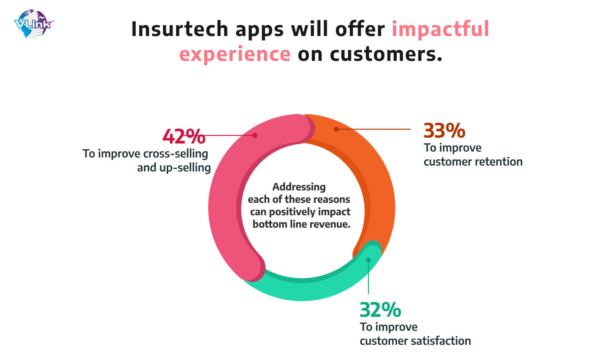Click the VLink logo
(x=34, y=24)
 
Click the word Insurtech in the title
(x=180, y=29)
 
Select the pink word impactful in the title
(x=440, y=29)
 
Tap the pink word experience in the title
(x=235, y=54)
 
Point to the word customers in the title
(x=385, y=54)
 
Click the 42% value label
(x=184, y=136)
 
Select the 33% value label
(x=445, y=130)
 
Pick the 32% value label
(x=380, y=310)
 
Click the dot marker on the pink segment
(x=255, y=135)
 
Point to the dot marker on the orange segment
(x=336, y=129)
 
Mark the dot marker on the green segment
(x=368, y=260)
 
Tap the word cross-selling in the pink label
(x=176, y=154)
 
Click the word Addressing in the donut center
(x=299, y=187)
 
